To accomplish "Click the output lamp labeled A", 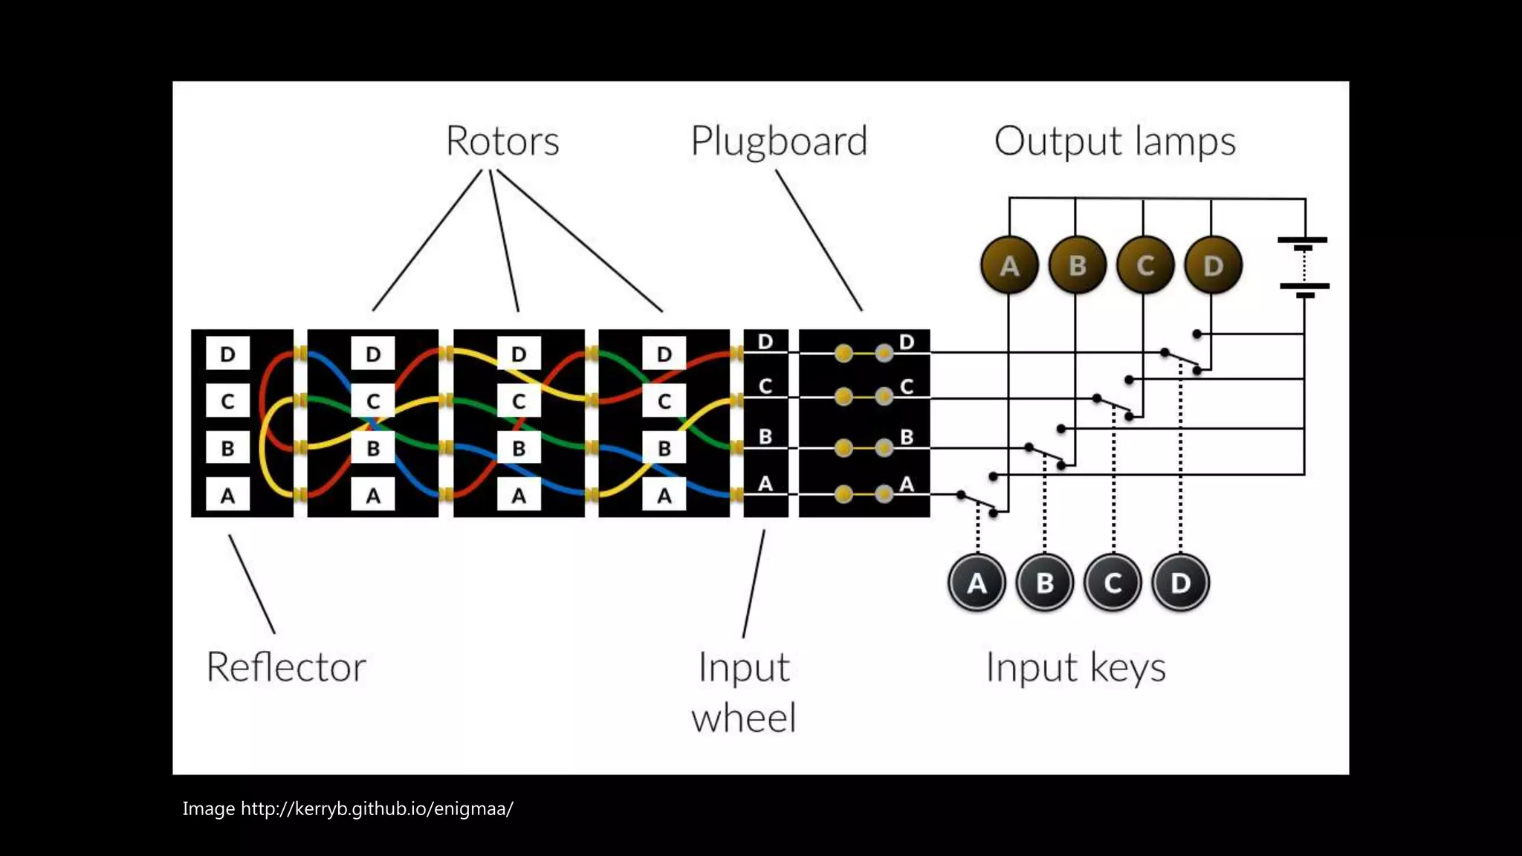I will click(1008, 265).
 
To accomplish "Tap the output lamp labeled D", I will click(1213, 265).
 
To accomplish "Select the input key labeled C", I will click(1113, 583).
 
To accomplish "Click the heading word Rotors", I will click(502, 140).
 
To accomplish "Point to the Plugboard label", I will click(779, 141).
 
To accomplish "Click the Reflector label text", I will click(286, 667).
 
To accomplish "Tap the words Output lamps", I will click(1115, 141).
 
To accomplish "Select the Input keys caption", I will click(1075, 667).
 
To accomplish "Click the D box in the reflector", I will click(227, 354).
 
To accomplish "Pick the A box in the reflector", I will click(227, 495).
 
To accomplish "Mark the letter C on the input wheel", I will click(765, 386).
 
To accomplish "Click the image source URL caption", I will click(348, 808).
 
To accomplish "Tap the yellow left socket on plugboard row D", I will click(843, 353).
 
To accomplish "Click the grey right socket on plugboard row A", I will click(884, 494).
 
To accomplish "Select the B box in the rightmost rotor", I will click(664, 448).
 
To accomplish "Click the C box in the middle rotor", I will click(519, 401).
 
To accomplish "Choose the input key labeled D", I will click(1181, 583).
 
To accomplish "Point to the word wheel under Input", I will click(744, 718).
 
